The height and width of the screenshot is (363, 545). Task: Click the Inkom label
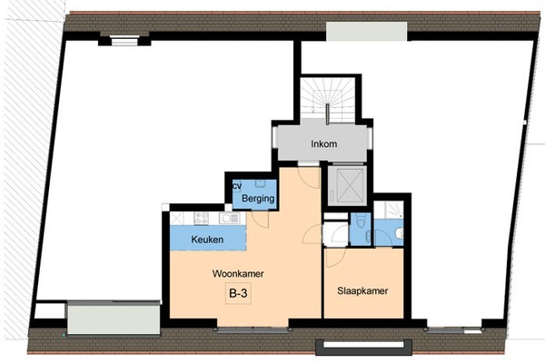tap(324, 143)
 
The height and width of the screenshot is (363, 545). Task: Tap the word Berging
tap(258, 199)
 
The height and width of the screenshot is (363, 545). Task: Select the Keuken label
tap(207, 240)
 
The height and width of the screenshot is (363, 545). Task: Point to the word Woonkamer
tap(238, 274)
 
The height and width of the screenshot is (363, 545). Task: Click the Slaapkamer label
tap(362, 290)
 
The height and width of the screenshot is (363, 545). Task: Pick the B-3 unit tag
tap(238, 293)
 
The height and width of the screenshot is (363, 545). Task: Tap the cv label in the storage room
tap(237, 186)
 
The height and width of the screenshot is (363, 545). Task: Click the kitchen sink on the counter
tap(230, 218)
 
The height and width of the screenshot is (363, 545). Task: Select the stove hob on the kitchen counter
tap(202, 218)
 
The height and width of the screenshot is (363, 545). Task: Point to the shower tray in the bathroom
tap(389, 210)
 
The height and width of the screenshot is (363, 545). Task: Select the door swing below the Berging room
tap(260, 220)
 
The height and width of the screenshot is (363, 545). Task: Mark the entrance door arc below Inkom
tap(310, 178)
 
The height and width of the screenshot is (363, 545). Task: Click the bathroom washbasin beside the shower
tap(400, 232)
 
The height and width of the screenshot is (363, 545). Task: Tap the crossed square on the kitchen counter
tap(176, 219)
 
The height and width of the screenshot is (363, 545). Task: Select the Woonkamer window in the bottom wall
tap(253, 329)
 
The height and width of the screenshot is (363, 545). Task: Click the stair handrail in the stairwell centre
tap(327, 114)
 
